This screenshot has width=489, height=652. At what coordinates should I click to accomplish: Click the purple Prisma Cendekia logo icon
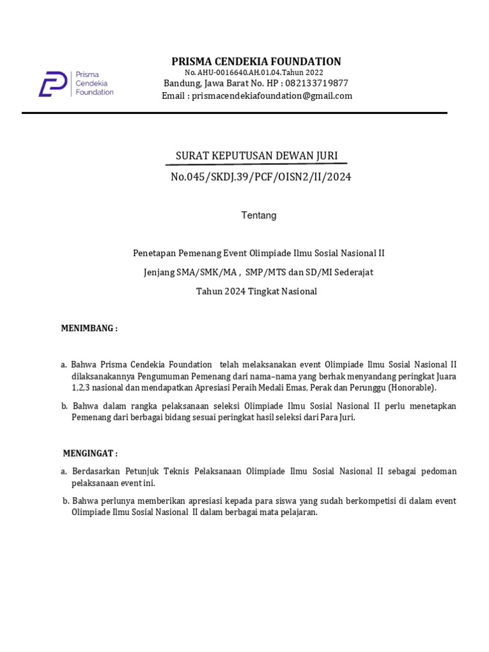[52, 84]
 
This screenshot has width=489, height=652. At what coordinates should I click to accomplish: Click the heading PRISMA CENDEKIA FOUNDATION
[256, 61]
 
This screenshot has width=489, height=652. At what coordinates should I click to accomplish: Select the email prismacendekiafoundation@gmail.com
[272, 96]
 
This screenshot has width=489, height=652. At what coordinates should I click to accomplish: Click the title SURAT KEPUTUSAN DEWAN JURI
[257, 156]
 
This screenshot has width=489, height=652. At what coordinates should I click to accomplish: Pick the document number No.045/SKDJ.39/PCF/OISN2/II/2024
[260, 176]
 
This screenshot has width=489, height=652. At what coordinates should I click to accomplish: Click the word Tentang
[259, 215]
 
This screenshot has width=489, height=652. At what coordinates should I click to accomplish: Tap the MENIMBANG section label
[89, 329]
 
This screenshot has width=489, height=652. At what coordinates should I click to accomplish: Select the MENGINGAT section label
[90, 453]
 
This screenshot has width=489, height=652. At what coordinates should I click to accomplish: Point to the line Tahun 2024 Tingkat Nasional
[256, 292]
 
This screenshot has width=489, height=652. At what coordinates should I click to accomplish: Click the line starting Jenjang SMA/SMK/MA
[258, 273]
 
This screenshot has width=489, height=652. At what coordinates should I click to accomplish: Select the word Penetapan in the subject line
[153, 253]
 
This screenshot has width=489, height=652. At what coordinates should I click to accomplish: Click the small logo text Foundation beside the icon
[94, 92]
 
